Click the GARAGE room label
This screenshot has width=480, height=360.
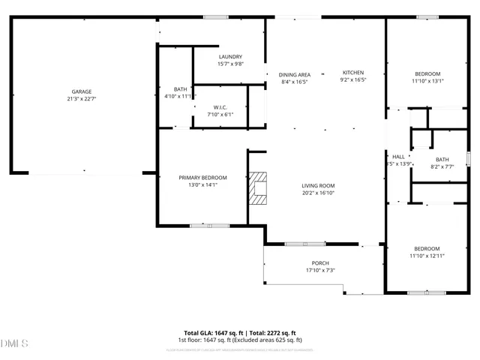click(82, 91)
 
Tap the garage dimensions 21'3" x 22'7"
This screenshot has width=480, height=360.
click(82, 98)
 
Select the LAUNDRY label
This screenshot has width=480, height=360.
click(230, 57)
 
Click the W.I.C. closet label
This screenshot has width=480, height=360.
click(220, 107)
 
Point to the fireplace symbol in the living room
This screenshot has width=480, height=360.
click(259, 188)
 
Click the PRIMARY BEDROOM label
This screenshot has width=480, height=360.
click(202, 178)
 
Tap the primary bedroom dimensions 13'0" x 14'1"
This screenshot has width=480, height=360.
click(202, 184)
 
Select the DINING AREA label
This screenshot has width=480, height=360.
click(295, 74)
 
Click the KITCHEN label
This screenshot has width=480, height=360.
click(353, 72)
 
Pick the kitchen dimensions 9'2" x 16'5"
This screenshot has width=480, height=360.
click(352, 79)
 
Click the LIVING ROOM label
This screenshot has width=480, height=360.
click(318, 185)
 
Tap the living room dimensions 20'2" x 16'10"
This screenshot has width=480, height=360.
click(318, 192)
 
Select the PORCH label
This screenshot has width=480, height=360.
click(320, 263)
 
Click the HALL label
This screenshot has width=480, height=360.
click(398, 157)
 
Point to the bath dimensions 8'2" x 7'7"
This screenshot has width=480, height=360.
click(442, 166)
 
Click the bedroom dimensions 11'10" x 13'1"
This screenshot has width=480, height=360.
click(427, 80)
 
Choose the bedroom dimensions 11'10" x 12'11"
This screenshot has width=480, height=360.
click(427, 256)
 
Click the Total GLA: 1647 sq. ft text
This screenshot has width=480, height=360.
click(212, 333)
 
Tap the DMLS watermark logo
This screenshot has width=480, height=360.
click(15, 344)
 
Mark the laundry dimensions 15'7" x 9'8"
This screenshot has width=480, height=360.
click(230, 64)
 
